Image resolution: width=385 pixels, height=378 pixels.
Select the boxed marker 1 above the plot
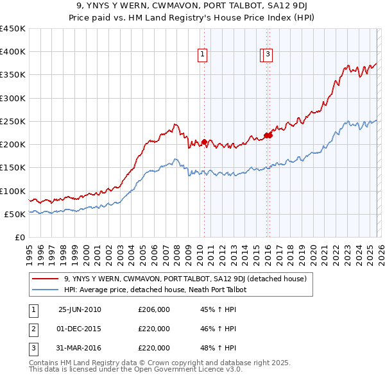pos(202,55)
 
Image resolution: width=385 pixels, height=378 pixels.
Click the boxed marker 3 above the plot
pos(267,55)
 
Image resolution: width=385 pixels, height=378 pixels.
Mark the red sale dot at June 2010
pos(204,142)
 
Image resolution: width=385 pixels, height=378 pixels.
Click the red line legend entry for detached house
pos(185,279)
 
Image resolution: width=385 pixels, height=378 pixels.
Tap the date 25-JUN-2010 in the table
pos(80,309)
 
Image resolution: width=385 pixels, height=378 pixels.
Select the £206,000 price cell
pos(154,309)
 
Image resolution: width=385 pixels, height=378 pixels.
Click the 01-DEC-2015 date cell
pos(80,329)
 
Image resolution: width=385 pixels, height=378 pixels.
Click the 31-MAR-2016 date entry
pos(80,348)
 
